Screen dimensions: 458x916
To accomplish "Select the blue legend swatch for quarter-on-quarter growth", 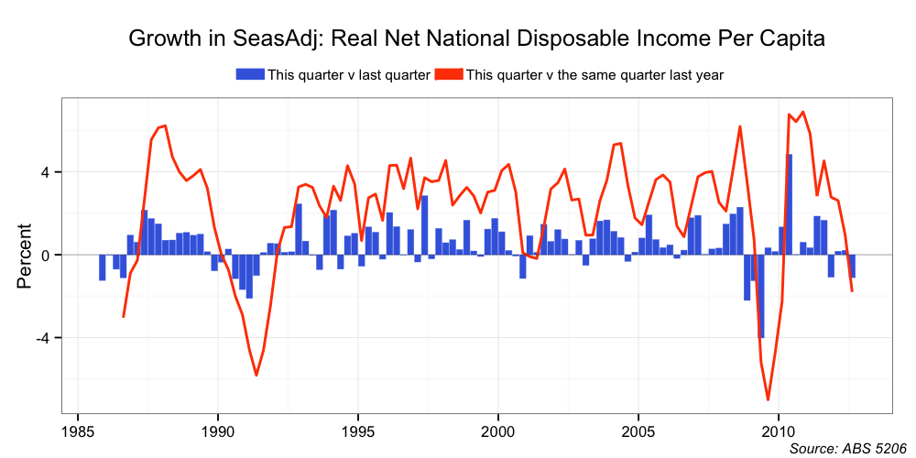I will [250, 74].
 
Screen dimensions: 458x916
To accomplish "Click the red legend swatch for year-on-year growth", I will [449, 74].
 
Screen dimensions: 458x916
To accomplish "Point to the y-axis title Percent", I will [25, 256].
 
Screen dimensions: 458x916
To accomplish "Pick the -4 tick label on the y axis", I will [52, 338].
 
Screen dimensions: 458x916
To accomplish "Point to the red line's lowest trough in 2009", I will [768, 399].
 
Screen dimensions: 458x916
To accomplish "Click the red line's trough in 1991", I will [256, 375].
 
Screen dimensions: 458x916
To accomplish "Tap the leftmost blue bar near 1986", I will [103, 267].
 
